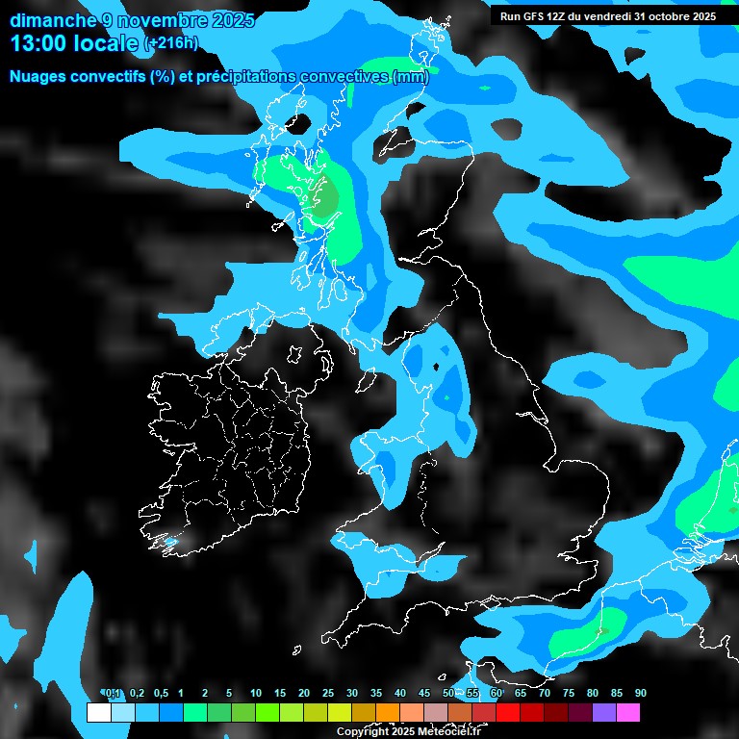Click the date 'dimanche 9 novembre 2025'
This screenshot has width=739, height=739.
133,20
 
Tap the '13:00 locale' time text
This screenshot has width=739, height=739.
75,42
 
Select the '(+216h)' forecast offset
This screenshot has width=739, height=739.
170,43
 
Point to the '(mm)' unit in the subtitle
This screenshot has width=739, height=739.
410,77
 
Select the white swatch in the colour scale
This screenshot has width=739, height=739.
98,713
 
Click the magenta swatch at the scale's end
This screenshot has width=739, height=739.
628,713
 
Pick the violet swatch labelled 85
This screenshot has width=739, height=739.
604,713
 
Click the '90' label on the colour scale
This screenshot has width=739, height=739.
641,694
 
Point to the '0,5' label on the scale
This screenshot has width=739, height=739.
161,694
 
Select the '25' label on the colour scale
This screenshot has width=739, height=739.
328,694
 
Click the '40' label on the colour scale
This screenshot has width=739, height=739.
400,694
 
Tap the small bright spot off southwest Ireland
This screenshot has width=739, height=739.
171,543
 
